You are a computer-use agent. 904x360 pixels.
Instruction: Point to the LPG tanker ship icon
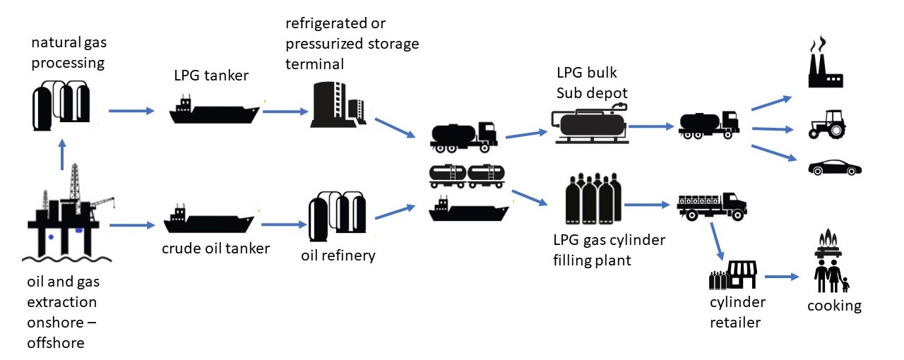pos(213,109)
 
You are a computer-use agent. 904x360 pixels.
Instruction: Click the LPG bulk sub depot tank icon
pos(590,124)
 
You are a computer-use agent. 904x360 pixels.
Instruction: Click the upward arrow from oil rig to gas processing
pos(63,155)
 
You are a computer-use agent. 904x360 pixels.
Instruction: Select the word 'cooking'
pos(835,306)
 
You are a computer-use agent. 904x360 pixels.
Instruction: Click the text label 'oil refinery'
pos(338,255)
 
